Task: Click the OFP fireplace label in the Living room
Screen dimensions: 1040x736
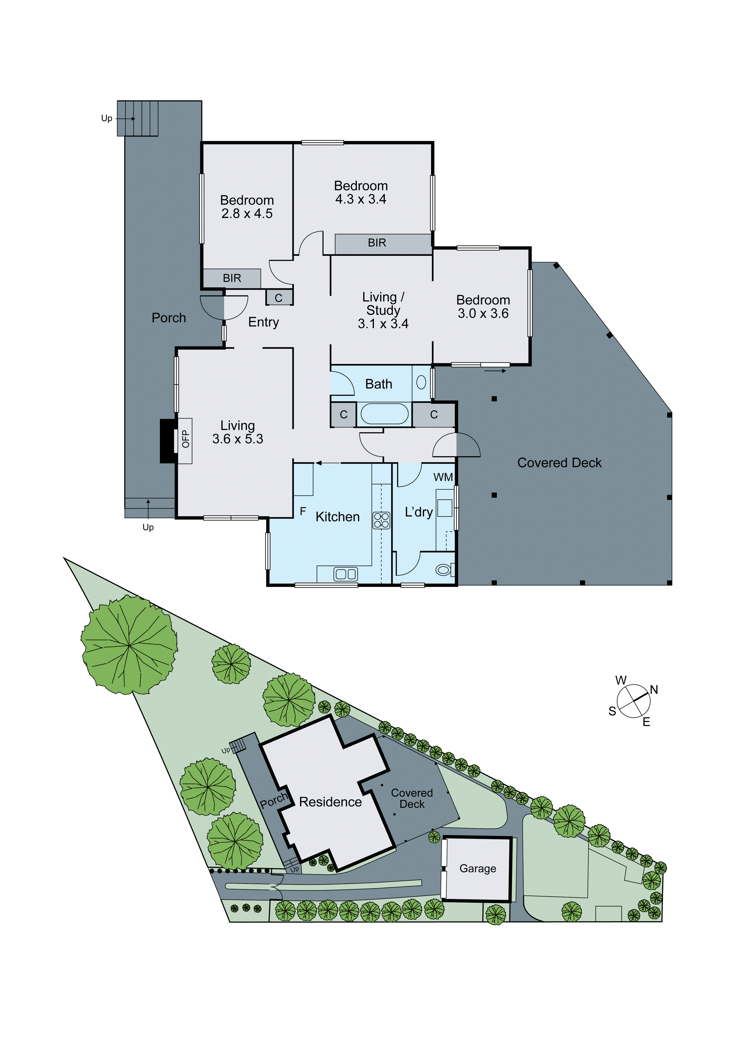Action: pos(185,439)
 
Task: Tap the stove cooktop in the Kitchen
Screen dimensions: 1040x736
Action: pos(381,520)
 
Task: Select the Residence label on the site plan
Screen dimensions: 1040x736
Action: pos(330,802)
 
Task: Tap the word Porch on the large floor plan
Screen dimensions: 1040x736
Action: pos(169,318)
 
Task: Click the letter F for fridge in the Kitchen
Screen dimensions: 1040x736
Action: pos(303,511)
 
